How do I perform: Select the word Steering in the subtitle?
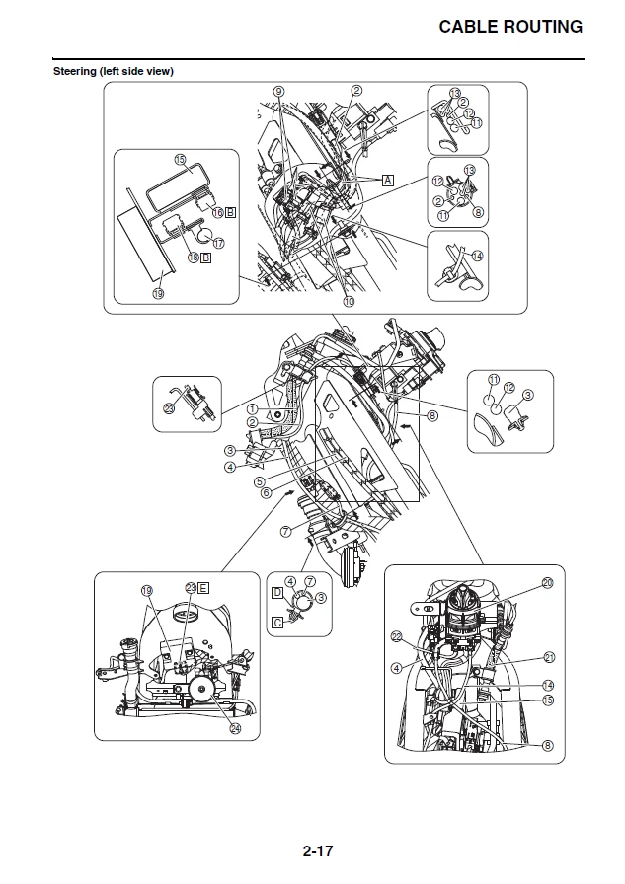click(x=74, y=71)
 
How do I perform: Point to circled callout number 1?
click(x=252, y=408)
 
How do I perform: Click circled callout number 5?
click(x=259, y=482)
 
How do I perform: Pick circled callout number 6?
click(x=266, y=492)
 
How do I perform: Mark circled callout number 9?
click(x=278, y=91)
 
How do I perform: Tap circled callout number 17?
click(x=218, y=241)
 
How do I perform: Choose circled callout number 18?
click(x=194, y=258)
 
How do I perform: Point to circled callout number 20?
click(x=547, y=583)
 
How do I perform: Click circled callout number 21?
click(x=549, y=657)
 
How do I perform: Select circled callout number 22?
click(x=396, y=637)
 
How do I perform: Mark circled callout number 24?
click(x=235, y=729)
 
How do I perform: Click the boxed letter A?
click(x=388, y=181)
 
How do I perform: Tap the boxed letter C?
click(x=277, y=623)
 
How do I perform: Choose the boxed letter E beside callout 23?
click(x=203, y=587)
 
